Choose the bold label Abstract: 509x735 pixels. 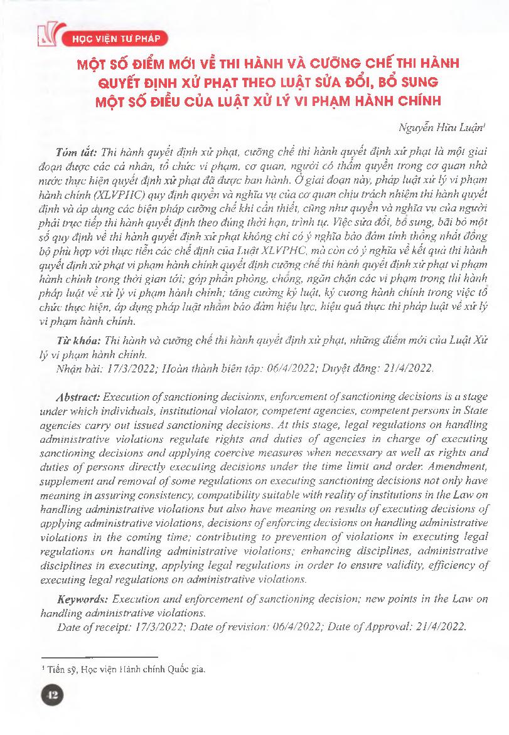78,398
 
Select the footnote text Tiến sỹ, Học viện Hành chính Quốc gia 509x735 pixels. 123,669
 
